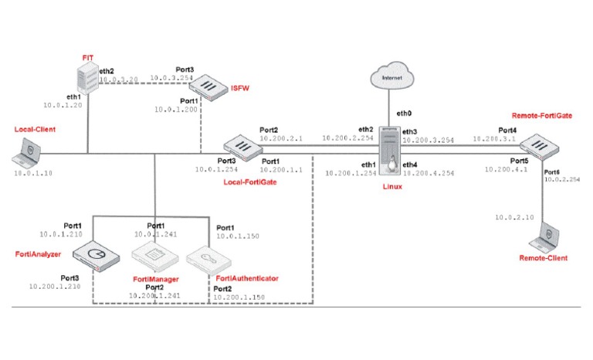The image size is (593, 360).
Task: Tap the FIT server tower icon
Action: [90, 80]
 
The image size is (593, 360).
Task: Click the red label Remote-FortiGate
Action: [541, 114]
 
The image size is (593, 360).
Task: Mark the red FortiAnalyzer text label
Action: [37, 253]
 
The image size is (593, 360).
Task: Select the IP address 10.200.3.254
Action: [427, 140]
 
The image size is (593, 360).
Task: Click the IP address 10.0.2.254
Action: [561, 178]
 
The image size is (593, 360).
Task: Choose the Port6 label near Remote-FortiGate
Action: [553, 171]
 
